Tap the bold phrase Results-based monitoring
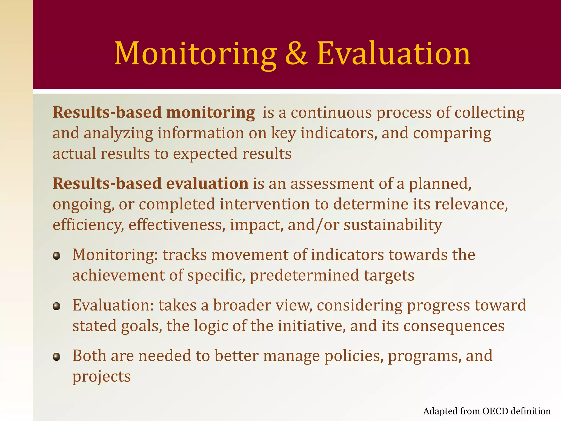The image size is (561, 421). (154, 113)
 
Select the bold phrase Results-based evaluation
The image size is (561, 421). (150, 184)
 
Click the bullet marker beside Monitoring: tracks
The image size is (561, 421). (56, 256)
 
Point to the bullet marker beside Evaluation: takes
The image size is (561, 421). (56, 306)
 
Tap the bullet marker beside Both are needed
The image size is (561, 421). (56, 357)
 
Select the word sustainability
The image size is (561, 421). (393, 225)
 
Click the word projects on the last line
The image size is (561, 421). (101, 377)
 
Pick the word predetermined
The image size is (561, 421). (304, 275)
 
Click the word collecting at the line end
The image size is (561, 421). (489, 113)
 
